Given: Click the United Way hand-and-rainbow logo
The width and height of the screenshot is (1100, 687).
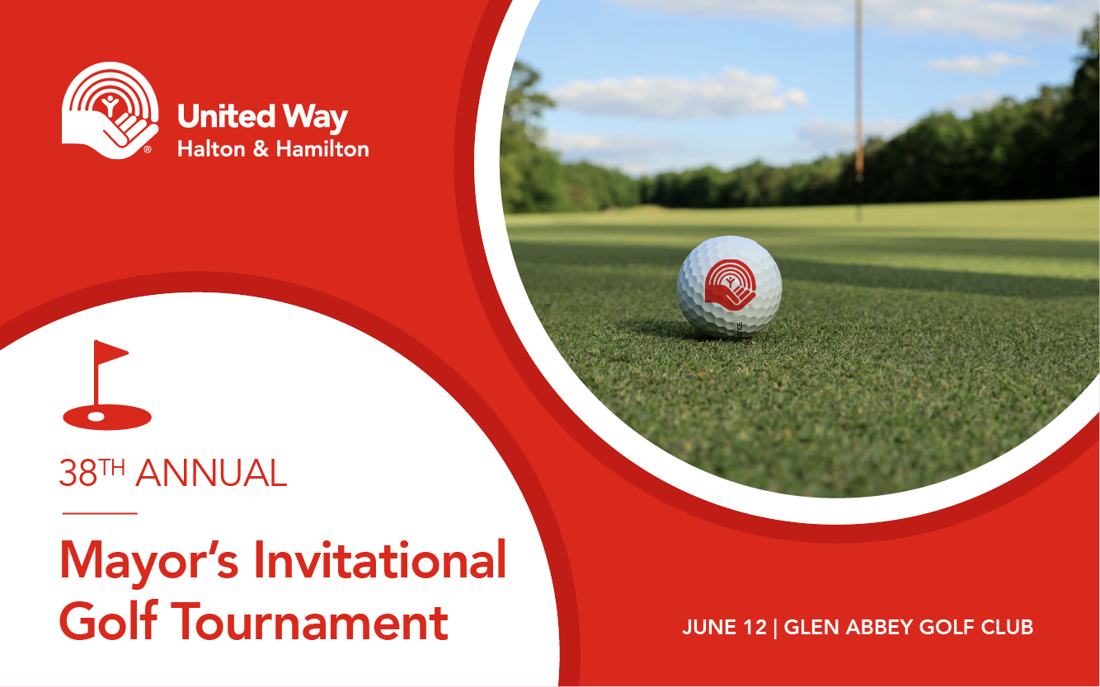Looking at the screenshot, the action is coord(110,110).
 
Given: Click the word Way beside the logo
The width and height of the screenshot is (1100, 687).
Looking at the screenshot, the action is coord(316,119).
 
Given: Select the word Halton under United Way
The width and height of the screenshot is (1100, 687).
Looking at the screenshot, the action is coord(211,149).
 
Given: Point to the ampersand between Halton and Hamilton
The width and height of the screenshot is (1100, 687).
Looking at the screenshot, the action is coord(261,149).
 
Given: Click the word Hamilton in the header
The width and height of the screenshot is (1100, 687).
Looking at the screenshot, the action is coord(322,149).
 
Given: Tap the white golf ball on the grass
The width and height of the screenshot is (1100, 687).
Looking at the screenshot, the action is coord(729,287).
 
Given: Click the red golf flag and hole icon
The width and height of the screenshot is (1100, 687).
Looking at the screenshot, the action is coord(107,385).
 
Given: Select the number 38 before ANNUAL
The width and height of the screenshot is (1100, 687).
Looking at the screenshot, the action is coord(78,473).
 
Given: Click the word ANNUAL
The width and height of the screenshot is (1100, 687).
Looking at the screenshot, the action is coord(211,473).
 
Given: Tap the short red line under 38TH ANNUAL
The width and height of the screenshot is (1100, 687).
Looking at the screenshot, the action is coord(100,513).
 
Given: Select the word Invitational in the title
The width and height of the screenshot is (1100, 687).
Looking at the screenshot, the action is coord(380,560).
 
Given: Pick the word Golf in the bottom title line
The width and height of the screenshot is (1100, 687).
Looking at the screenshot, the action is coord(109,620).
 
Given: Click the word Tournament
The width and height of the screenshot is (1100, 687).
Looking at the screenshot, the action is coord(309,621).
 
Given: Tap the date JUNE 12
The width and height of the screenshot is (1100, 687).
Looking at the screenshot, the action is coord(724,627).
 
